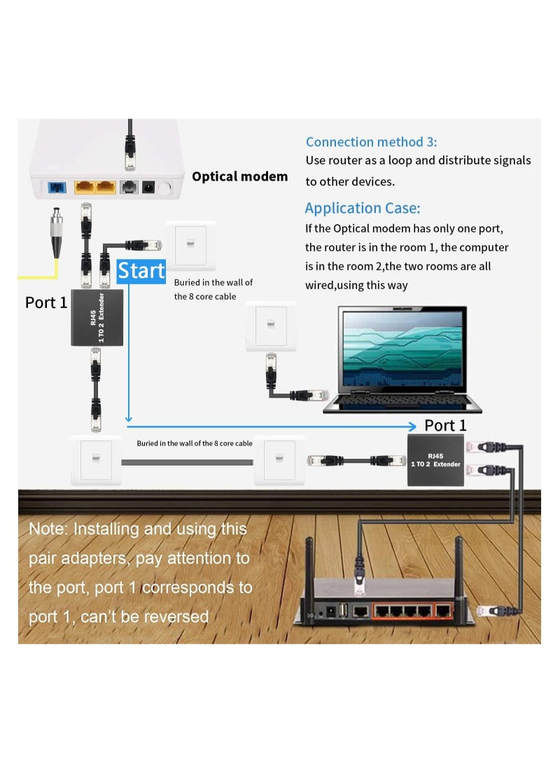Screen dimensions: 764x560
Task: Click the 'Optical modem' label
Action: click(x=239, y=176)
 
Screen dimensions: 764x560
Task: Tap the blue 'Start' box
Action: click(x=141, y=271)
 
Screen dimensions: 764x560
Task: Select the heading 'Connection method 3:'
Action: click(x=371, y=142)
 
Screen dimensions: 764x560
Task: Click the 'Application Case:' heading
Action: click(x=362, y=208)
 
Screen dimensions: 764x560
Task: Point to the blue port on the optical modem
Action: click(x=56, y=187)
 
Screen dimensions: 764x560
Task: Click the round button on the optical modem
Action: click(x=165, y=188)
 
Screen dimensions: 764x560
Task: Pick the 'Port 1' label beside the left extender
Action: click(x=46, y=303)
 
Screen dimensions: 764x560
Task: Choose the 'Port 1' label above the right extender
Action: click(x=445, y=426)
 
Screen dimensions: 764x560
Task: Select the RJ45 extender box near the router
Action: click(x=435, y=460)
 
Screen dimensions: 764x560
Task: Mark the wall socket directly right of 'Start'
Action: click(x=190, y=245)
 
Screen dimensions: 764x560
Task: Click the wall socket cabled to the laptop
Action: click(x=270, y=326)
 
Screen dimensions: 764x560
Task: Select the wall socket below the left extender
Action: click(x=97, y=460)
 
